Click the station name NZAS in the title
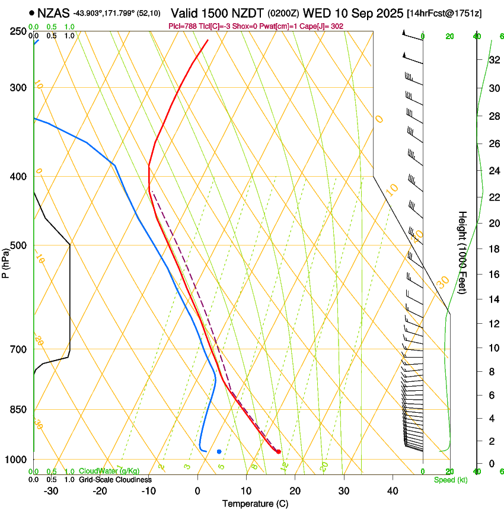53,12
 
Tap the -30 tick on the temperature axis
51,490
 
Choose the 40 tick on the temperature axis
392,490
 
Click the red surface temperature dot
278,452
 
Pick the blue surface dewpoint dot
219,452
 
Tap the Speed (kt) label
450,480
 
